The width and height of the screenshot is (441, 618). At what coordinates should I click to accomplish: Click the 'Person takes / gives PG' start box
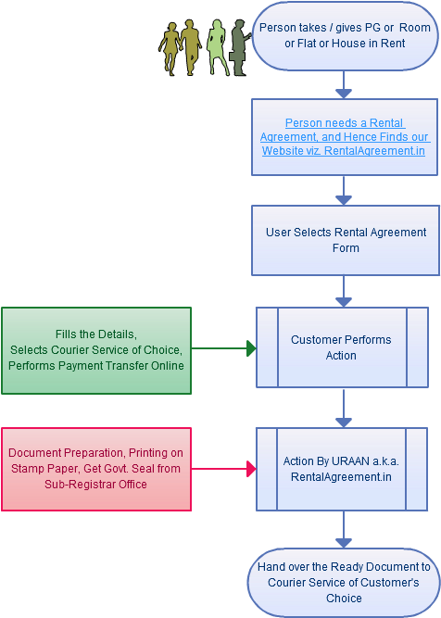tap(345, 35)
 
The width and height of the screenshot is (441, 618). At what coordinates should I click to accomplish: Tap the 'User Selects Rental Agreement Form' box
tap(345, 240)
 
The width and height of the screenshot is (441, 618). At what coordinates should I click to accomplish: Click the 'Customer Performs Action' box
tap(341, 347)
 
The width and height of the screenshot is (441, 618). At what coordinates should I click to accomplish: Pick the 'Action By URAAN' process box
tap(341, 469)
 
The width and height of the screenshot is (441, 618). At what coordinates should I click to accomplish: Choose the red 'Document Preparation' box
tap(96, 470)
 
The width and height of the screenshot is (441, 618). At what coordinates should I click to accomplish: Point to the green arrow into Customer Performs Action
tap(222, 348)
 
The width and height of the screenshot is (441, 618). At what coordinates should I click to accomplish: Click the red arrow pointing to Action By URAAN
tap(222, 470)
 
